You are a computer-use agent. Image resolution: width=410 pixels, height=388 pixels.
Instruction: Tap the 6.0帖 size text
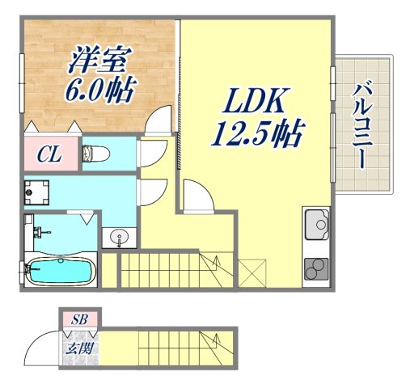click(x=99, y=87)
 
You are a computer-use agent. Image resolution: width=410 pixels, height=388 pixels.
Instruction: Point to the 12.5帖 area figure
click(x=256, y=131)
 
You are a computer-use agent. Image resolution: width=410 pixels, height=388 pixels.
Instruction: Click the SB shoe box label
click(x=79, y=318)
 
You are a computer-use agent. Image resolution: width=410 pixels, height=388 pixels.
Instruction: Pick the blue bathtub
click(x=61, y=271)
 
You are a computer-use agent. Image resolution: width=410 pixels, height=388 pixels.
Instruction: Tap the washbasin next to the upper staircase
click(x=119, y=238)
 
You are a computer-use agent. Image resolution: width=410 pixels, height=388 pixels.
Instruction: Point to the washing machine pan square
click(x=36, y=192)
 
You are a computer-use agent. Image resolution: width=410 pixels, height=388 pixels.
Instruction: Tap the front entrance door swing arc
click(x=40, y=349)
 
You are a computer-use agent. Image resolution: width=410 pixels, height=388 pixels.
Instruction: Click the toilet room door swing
click(x=152, y=154)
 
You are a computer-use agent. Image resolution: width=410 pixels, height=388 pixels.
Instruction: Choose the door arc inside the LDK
click(x=197, y=196)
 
